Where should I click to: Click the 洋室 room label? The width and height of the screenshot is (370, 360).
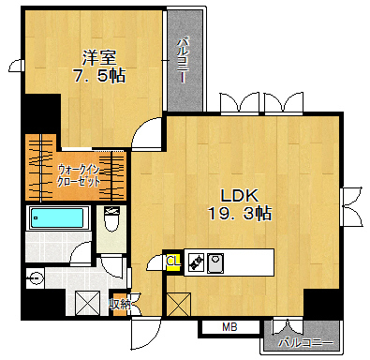coord(99,57)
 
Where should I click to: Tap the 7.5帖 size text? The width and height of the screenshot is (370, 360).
coord(99,76)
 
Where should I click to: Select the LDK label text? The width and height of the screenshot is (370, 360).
coord(240,196)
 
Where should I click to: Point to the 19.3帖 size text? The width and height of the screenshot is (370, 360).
coord(240,214)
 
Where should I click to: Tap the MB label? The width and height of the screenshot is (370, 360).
coord(229,327)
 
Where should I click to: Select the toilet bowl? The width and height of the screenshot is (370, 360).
coord(111,218)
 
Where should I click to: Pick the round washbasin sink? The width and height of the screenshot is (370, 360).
coord(35,277)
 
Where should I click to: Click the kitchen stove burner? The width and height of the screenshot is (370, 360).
coord(196,262)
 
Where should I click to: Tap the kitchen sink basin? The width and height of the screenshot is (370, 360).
coord(215,262)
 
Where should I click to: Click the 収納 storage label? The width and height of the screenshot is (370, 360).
coord(120,304)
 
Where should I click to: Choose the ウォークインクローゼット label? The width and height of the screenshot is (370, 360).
coord(79,175)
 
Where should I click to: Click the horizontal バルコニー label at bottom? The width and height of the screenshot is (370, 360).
coord(305,342)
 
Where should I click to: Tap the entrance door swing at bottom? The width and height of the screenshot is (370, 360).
coord(146,334)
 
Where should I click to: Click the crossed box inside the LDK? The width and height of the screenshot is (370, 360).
coord(179,305)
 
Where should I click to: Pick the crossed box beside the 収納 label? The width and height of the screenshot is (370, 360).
coord(87,303)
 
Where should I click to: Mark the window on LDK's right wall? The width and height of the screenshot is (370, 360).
coord(352,206)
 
